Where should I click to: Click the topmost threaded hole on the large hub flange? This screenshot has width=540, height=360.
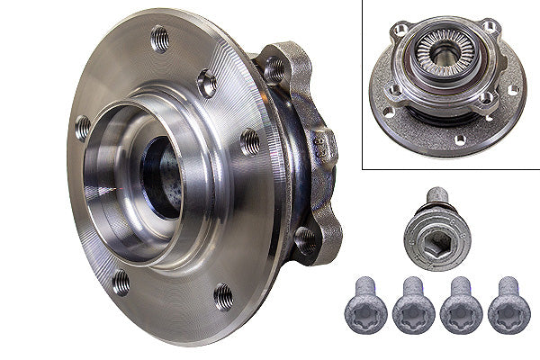[x=161, y=38]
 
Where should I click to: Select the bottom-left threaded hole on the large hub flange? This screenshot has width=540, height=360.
[x=120, y=282]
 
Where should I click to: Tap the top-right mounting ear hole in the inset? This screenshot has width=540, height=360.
[x=490, y=26]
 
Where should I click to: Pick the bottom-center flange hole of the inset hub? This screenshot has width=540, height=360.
[x=459, y=139]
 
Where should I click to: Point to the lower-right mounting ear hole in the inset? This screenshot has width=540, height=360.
[x=487, y=98]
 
